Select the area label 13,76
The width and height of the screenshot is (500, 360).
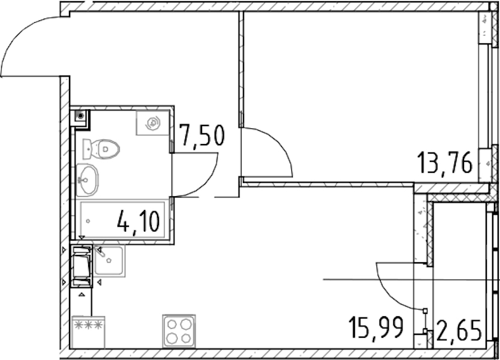[x=445, y=163]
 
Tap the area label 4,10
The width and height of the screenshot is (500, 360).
[x=138, y=222]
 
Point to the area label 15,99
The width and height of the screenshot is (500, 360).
[x=376, y=327]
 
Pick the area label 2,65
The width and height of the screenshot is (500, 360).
[x=459, y=331]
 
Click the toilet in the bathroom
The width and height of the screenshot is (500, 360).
[x=101, y=149]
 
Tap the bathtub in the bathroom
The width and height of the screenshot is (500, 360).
[x=122, y=219]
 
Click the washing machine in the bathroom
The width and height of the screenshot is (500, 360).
[x=153, y=122]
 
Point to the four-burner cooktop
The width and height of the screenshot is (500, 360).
[x=179, y=331]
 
